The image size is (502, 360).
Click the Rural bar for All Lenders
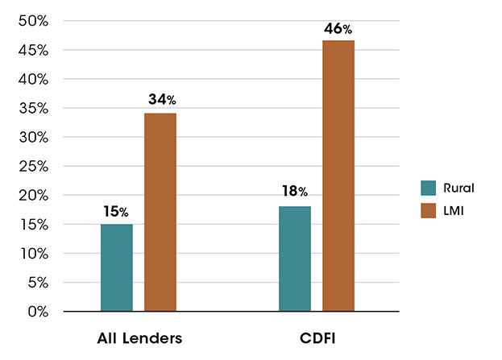pos(116,267)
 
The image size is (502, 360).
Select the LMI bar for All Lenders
pos(160,212)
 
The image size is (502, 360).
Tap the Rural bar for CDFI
pos(295,259)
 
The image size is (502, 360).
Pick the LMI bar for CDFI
pos(338,176)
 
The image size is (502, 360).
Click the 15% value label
pos(116,212)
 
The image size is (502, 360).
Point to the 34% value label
pos(161,101)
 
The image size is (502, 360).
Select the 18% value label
pos(294,192)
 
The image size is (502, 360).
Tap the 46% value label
pos(338,29)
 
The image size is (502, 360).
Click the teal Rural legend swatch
pos(429,188)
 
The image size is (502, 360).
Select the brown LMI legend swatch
pos(429,211)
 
